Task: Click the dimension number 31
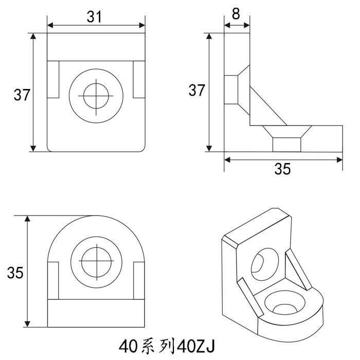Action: tap(94, 17)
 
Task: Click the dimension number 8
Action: tap(236, 14)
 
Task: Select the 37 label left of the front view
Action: tap(22, 95)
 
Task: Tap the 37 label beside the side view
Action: tap(196, 90)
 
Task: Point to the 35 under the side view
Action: tap(282, 169)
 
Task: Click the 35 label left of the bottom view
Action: tap(15, 273)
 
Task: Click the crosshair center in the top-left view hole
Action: tap(96, 96)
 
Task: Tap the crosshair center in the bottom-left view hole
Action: tap(97, 261)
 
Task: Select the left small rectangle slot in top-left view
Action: tap(53, 79)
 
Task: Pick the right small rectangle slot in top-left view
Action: tap(139, 79)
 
